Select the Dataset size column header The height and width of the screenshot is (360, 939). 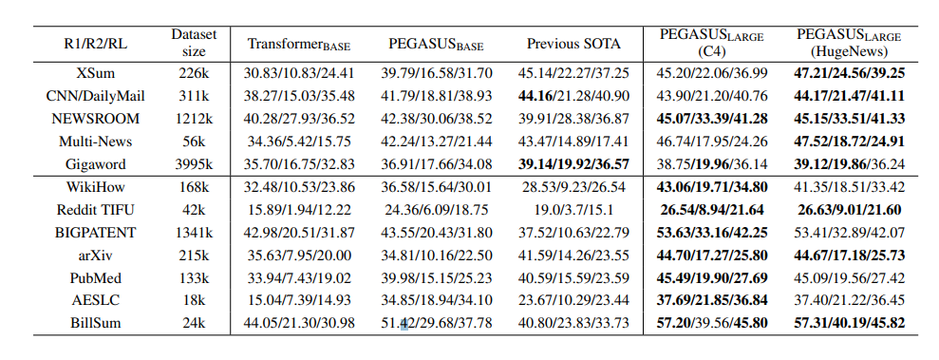tap(194, 43)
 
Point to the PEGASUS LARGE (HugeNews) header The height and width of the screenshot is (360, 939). tap(850, 43)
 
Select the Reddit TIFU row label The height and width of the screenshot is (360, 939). tap(94, 209)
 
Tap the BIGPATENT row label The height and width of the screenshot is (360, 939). tap(94, 232)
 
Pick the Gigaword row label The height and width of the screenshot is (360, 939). tap(94, 164)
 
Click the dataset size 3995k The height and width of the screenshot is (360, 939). tap(194, 164)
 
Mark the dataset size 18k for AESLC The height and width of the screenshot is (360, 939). tap(194, 299)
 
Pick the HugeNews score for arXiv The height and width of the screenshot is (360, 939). tap(850, 255)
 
